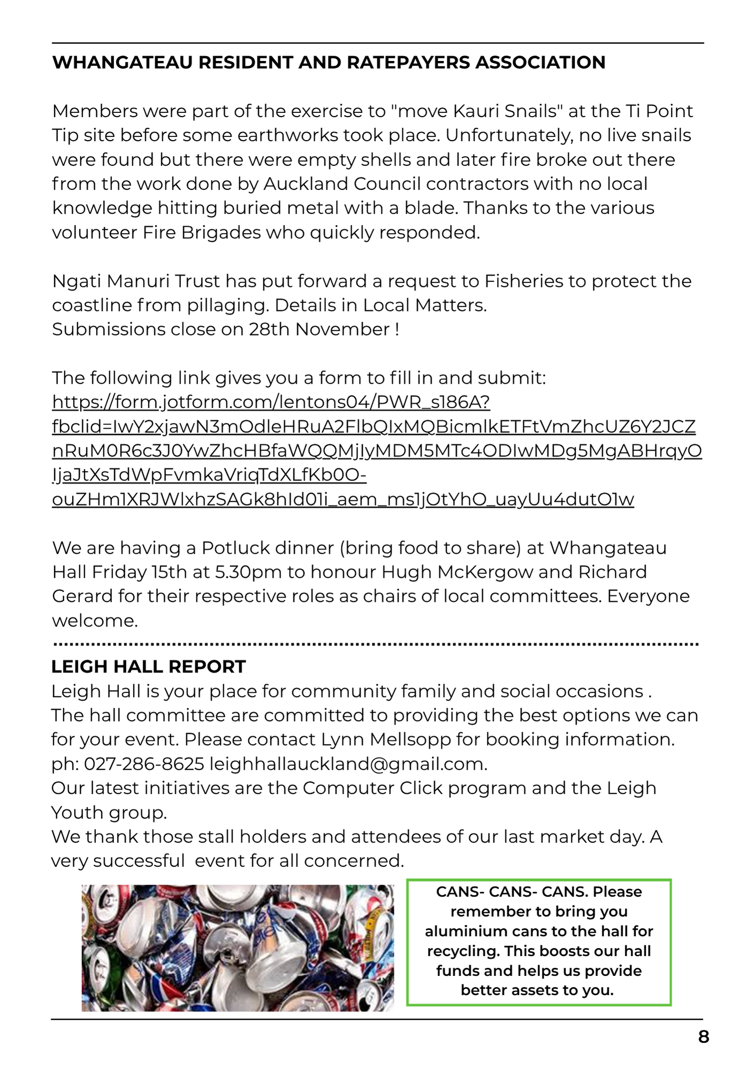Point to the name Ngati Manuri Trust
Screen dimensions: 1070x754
(136, 281)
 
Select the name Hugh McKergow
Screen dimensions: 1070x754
(457, 572)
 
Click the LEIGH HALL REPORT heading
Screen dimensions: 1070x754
(148, 667)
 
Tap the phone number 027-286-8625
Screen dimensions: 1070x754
(144, 764)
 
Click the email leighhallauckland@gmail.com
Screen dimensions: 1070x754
(348, 764)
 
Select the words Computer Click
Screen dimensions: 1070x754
(372, 789)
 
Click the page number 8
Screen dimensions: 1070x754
(703, 1037)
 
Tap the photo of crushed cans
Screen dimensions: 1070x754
(237, 947)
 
